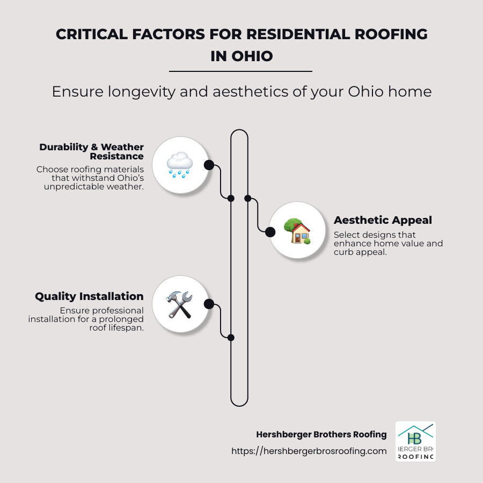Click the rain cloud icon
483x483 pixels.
point(179,164)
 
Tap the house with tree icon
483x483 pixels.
point(297,231)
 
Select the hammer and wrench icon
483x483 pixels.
point(179,304)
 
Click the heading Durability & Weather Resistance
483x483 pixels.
point(91,151)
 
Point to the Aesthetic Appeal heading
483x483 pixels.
point(383,220)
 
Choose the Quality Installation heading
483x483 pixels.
point(89,296)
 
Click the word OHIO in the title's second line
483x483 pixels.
point(251,56)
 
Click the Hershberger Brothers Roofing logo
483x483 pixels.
point(415,441)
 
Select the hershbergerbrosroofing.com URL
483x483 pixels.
point(309,451)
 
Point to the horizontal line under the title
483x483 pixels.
point(240,71)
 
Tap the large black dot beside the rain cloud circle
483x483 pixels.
point(209,165)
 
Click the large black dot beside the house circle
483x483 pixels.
point(270,232)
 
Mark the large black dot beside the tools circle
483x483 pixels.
point(209,305)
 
